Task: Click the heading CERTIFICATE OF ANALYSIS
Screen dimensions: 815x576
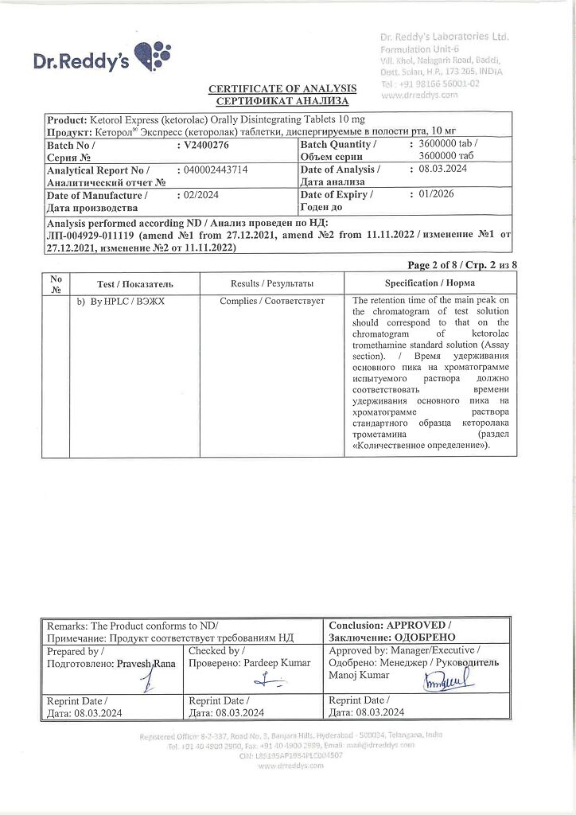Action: pyautogui.click(x=282, y=88)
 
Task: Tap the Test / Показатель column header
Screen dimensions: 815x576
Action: pyautogui.click(x=134, y=284)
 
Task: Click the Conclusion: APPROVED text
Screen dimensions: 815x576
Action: pyautogui.click(x=390, y=626)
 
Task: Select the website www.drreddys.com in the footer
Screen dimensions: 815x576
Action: pyautogui.click(x=290, y=765)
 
